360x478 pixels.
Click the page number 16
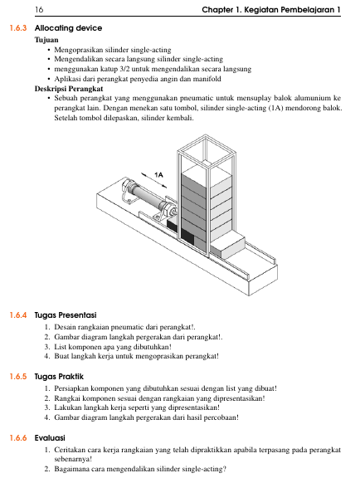[x=39, y=10]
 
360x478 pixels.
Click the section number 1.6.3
[x=18, y=28]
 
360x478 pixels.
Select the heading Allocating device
[x=68, y=28]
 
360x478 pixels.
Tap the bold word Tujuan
[x=46, y=40]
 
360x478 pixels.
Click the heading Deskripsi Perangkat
[x=69, y=89]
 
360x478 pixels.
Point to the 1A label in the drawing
[x=158, y=174]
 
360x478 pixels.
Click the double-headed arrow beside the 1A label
[x=153, y=180]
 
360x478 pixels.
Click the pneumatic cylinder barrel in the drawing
[x=147, y=196]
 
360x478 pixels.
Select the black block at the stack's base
[x=187, y=237]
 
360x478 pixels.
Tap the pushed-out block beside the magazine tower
[x=228, y=246]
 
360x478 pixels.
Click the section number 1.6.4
[x=18, y=315]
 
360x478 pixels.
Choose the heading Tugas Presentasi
[x=66, y=315]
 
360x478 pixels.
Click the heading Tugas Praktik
[x=59, y=377]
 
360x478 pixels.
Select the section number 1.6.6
[x=18, y=438]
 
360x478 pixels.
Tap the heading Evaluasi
[x=50, y=438]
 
